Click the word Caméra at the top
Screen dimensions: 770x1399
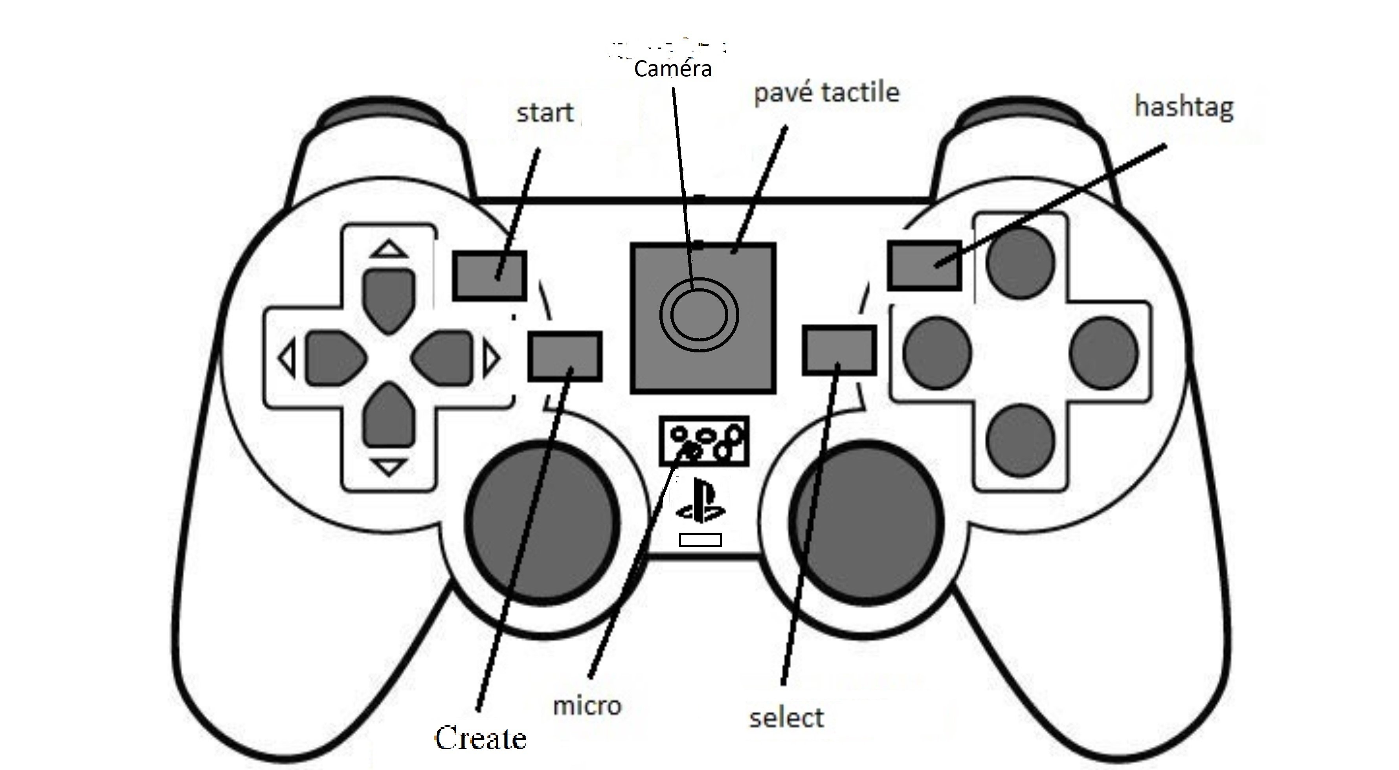(672, 69)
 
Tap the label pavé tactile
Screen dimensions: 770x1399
(826, 93)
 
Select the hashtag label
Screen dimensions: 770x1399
(1184, 107)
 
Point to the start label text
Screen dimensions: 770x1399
(544, 113)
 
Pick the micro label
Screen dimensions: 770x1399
(587, 706)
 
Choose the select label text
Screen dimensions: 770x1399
(786, 718)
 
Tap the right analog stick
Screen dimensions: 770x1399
(866, 522)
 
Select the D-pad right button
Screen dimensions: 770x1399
(442, 358)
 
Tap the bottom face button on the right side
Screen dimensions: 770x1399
(1021, 441)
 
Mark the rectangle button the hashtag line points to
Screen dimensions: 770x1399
(924, 266)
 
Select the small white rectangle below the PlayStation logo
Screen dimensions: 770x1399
(700, 540)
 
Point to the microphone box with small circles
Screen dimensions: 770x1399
(704, 441)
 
